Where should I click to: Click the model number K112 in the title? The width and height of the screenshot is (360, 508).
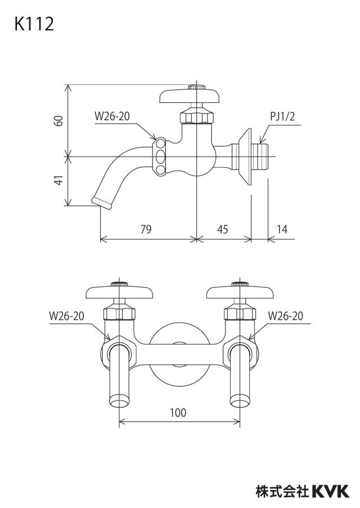coord(34,24)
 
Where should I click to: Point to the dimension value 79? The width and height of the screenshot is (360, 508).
coord(146,229)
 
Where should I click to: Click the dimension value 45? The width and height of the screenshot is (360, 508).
coord(223,229)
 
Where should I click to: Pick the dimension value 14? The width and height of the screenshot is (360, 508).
coord(282,229)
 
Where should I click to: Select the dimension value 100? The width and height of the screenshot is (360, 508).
coord(178,412)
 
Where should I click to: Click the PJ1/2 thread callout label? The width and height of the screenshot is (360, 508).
coord(283,116)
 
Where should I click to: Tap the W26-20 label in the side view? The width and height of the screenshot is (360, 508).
coord(112,116)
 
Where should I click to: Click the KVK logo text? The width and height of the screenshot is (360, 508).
coord(331,491)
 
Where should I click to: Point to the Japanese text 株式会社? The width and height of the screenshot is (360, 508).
coord(282,491)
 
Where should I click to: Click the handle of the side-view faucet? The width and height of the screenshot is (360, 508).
coord(190,96)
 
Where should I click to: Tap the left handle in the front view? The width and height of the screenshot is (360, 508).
coord(119,291)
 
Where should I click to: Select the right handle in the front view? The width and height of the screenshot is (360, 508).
coord(240,291)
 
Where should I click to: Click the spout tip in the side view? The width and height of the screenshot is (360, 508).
coord(102,202)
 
